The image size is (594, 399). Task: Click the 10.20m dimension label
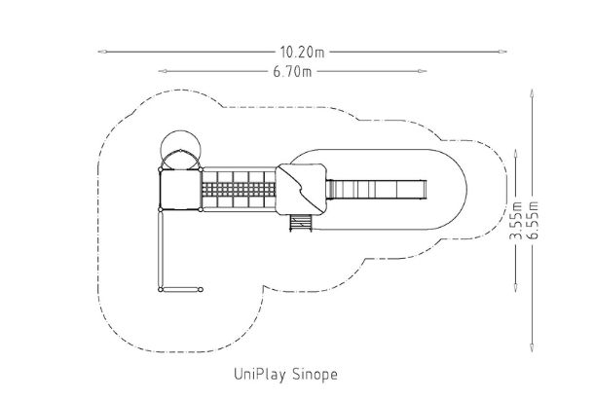302,53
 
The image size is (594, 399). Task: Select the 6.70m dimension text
292,72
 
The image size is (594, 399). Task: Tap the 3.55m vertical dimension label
516,221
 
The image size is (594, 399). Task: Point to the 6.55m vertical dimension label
533,220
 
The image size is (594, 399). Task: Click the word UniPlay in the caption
259,375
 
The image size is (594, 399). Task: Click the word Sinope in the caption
315,375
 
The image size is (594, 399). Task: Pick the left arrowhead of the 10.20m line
102,52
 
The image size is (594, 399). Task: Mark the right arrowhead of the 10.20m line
502,52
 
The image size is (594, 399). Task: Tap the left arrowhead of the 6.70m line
163,71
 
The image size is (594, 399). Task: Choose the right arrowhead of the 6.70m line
422,71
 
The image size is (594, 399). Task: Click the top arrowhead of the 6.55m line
532,93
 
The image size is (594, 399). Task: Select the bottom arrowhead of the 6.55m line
532,347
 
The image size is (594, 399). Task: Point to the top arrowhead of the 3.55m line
515,154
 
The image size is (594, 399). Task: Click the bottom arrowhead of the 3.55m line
515,287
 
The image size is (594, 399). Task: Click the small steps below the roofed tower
301,223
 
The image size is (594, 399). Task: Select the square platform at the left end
180,189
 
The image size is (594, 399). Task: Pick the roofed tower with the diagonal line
301,189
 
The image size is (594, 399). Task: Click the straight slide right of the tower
376,189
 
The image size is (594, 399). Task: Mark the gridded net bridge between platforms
239,189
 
